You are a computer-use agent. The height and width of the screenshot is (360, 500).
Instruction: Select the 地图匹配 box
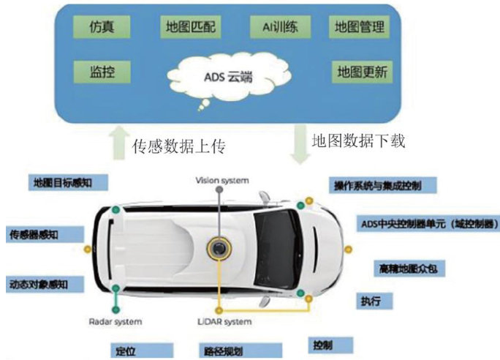(x=192, y=29)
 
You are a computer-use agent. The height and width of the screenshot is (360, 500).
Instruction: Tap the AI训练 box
(x=280, y=28)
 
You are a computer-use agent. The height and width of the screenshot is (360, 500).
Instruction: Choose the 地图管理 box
(x=358, y=28)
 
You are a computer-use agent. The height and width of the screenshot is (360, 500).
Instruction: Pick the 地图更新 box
(x=362, y=72)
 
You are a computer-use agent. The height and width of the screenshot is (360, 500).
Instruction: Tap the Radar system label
(x=115, y=321)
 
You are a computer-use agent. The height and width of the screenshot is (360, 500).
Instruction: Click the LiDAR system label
(x=225, y=321)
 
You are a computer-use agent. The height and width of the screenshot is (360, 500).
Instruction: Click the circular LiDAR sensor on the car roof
(x=217, y=250)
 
